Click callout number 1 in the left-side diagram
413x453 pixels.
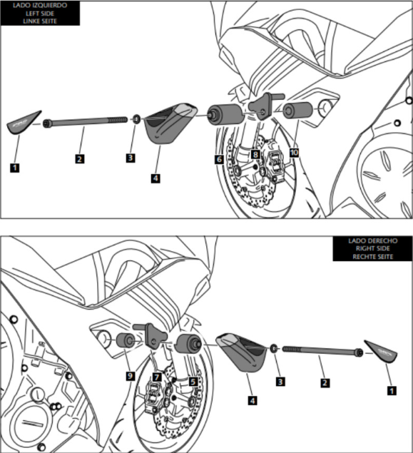15,168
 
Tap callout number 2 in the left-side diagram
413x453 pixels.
80,159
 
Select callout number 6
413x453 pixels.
219,159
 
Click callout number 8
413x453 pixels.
255,154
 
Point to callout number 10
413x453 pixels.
294,153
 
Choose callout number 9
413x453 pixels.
131,376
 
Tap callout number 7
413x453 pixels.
157,377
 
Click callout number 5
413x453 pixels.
193,382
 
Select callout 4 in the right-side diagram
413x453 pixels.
253,400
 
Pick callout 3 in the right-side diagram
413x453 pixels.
280,382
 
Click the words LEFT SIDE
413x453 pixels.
40,14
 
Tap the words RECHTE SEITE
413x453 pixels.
372,257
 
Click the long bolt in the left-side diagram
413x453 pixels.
85,121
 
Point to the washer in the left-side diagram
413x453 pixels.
137,118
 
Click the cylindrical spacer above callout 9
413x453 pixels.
125,341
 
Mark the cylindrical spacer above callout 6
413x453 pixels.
225,115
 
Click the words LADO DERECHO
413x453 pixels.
372,240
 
